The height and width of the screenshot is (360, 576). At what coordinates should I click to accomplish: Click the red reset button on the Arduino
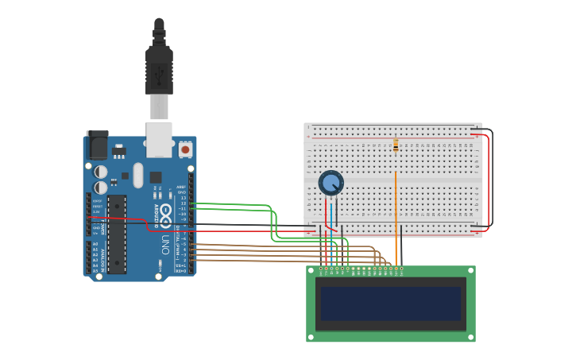[185, 149]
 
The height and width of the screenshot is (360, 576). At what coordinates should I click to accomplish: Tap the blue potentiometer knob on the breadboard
[331, 183]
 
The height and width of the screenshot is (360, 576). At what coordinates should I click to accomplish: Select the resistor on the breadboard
[396, 145]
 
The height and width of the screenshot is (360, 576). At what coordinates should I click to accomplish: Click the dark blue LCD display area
[390, 303]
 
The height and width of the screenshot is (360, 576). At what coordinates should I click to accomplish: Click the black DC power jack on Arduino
[97, 145]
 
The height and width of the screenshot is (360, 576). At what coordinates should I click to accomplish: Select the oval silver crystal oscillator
[137, 175]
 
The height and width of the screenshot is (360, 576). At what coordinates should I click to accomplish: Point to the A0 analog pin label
[95, 244]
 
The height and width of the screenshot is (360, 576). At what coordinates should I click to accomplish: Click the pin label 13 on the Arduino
[183, 197]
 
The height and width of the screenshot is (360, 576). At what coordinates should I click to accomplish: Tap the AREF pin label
[182, 187]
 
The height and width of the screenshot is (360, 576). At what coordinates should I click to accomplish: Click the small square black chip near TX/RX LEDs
[156, 177]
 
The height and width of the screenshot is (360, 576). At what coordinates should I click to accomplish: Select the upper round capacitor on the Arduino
[101, 171]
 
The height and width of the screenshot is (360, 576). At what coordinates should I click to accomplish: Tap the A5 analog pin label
[95, 271]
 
